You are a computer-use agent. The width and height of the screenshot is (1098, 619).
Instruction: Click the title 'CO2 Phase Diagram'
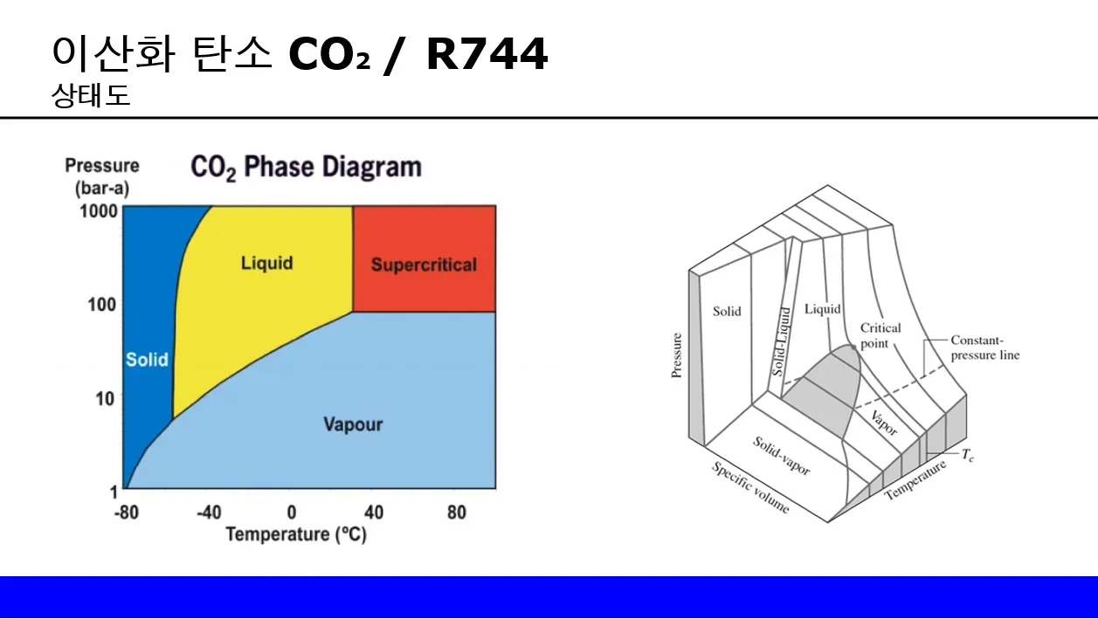click(306, 168)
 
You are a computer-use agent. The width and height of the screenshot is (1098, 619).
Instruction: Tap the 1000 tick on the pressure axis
click(100, 212)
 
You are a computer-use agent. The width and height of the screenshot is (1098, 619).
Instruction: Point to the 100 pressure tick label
click(104, 305)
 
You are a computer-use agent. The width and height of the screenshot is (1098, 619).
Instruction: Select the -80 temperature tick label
click(127, 512)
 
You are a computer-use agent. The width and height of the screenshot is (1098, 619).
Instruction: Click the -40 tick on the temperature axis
click(209, 512)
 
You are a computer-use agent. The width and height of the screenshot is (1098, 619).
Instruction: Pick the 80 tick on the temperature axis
click(457, 512)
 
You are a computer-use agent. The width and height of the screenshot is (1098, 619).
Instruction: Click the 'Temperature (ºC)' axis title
click(296, 534)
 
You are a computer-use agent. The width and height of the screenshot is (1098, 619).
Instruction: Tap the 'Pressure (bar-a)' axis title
click(102, 175)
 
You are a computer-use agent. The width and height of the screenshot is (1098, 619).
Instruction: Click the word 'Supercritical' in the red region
click(424, 265)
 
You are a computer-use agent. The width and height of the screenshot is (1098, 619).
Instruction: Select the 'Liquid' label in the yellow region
click(266, 263)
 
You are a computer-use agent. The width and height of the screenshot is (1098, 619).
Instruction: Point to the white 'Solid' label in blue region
click(147, 360)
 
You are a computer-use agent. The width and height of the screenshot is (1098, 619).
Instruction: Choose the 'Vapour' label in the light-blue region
click(353, 425)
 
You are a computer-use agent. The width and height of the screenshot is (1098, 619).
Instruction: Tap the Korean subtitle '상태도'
click(91, 96)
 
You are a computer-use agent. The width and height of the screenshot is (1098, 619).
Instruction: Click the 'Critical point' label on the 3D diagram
click(880, 336)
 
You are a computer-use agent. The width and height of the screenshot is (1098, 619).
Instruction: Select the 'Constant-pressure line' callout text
click(984, 347)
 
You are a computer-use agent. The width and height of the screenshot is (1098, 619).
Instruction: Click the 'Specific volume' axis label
click(749, 487)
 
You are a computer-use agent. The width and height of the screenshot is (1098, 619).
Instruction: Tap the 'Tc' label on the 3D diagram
click(968, 455)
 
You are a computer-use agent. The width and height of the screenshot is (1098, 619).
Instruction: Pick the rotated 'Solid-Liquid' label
click(784, 340)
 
